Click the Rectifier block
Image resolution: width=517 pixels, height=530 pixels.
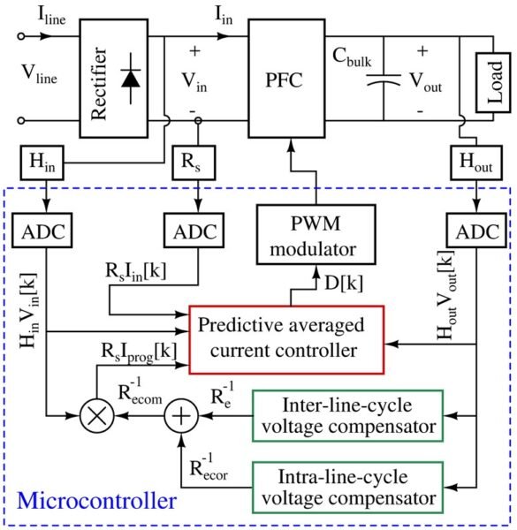pos(114,79)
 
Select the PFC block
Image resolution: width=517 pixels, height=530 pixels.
pos(286,79)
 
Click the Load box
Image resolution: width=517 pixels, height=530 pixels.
pos(493,82)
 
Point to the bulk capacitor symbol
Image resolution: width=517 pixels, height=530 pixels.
pos(384,79)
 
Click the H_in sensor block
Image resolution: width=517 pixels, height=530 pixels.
pos(42,163)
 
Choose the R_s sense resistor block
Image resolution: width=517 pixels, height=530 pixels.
pos(194,163)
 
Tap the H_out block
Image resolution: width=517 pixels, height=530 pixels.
pos(476,163)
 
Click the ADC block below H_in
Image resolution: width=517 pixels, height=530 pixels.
pos(42,231)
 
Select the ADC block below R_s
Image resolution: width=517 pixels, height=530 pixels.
pos(194,231)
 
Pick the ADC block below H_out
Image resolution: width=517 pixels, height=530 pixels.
pos(476,231)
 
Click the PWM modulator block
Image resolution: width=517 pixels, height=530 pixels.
pos(316,234)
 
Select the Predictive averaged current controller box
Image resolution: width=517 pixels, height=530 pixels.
pos(286,340)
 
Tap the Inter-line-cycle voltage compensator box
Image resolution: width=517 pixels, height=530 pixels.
pos(347,416)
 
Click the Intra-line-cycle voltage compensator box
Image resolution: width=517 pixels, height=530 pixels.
pos(347,488)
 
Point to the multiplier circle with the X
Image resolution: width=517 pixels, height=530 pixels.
pos(97,416)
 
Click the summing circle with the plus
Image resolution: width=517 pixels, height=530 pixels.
pos(181,416)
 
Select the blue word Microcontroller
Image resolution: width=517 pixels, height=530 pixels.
pos(96,501)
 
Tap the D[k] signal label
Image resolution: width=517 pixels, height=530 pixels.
pos(344,283)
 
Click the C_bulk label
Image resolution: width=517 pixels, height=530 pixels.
pos(352,57)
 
